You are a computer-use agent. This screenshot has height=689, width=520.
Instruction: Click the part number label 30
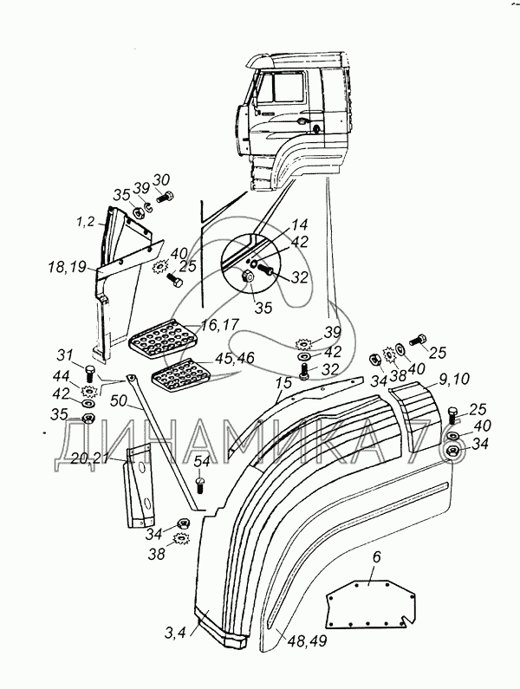pos(161,180)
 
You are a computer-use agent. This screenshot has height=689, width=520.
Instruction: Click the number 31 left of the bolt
pos(66,354)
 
